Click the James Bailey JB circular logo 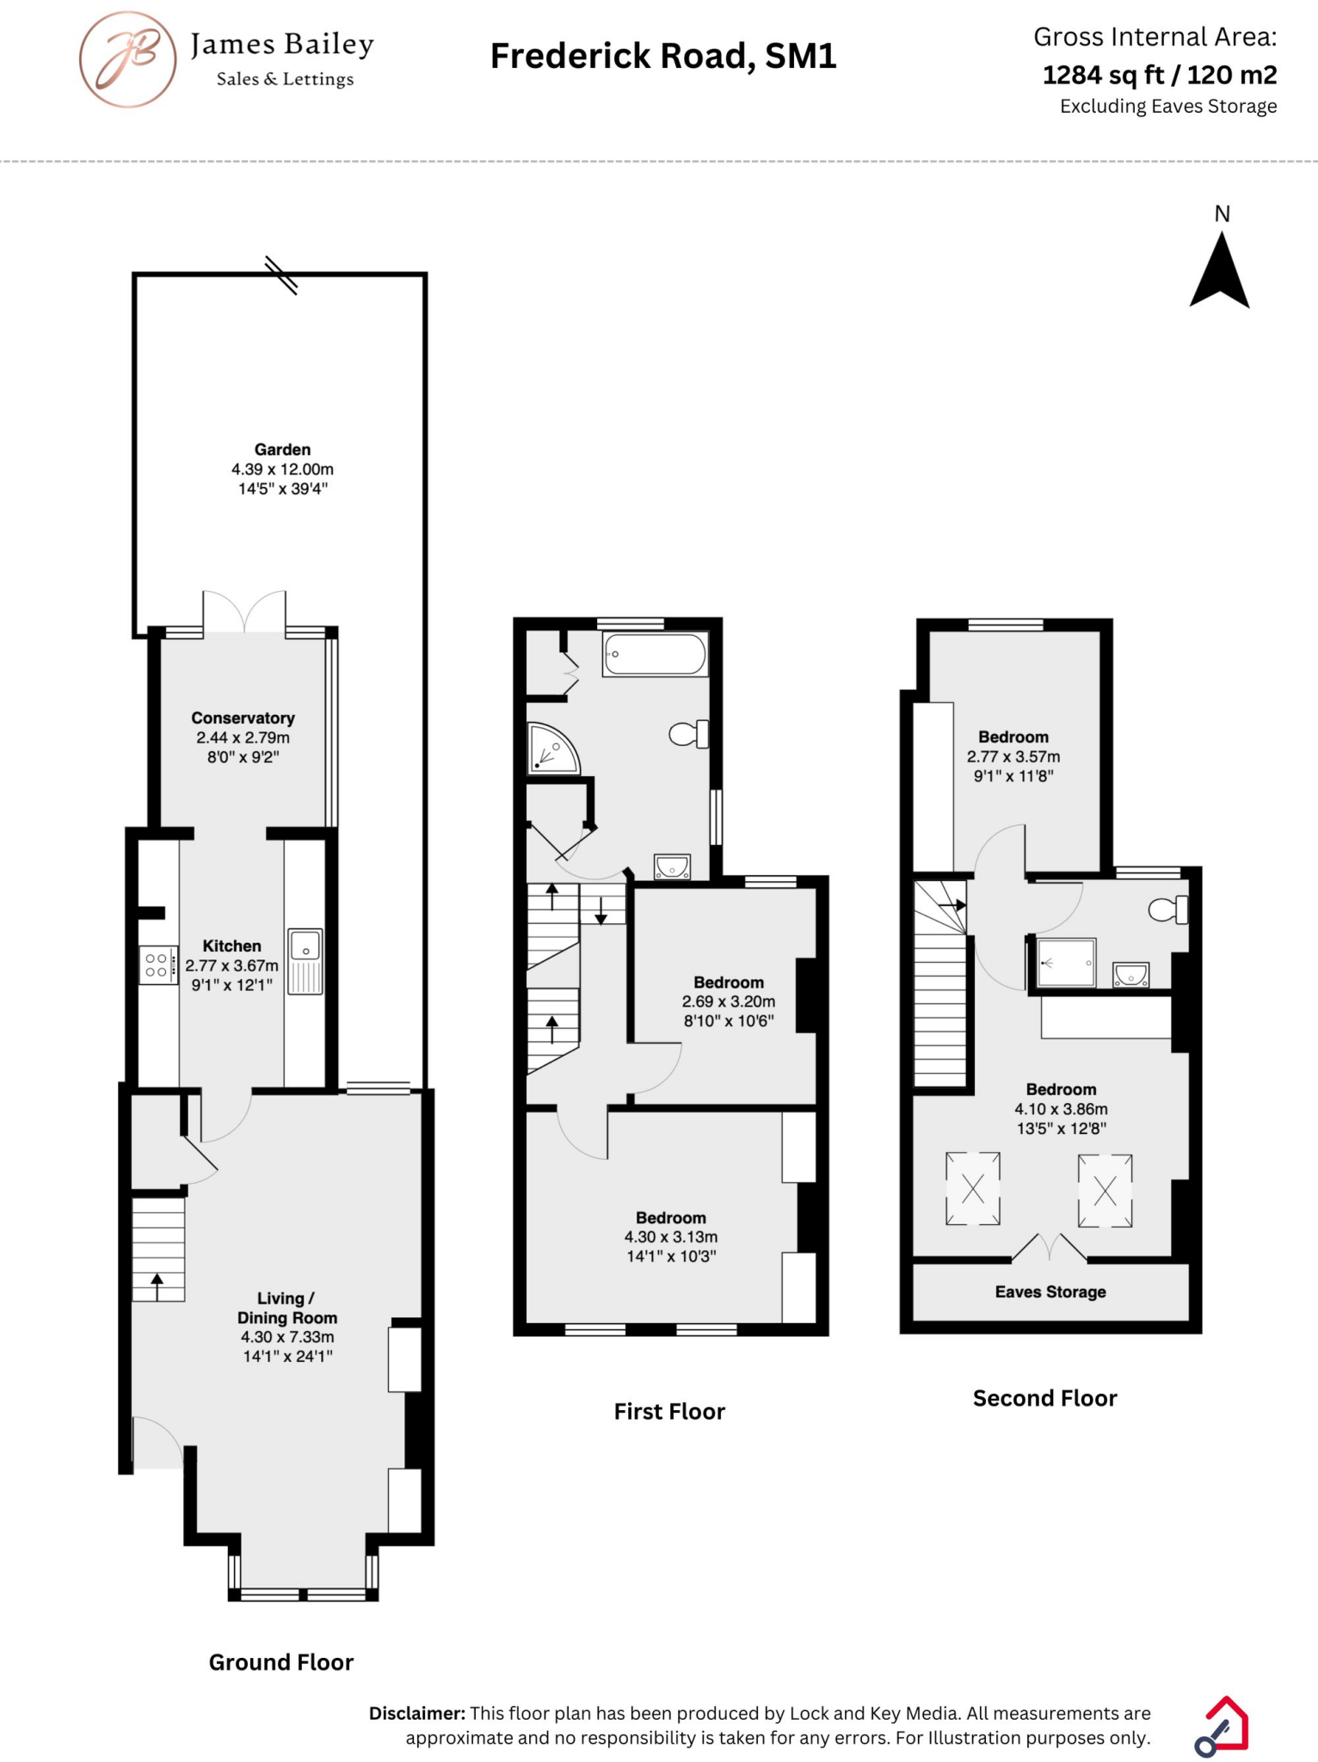(x=128, y=59)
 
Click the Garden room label (x=282, y=450)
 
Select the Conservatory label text (x=243, y=718)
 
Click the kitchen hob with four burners (x=157, y=964)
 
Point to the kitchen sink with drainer (x=305, y=961)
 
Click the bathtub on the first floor (x=656, y=654)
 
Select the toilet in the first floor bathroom (x=687, y=734)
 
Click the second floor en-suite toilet (x=1168, y=909)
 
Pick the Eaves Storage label (x=1050, y=1292)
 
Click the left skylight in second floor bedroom (x=972, y=1189)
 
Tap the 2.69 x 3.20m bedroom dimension (x=728, y=1001)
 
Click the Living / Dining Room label (x=286, y=1308)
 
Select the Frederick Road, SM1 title (x=662, y=57)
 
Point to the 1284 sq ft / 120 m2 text (x=1159, y=76)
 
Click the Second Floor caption (x=1044, y=1398)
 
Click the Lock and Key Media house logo (x=1223, y=1725)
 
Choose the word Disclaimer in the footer (x=417, y=1713)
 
